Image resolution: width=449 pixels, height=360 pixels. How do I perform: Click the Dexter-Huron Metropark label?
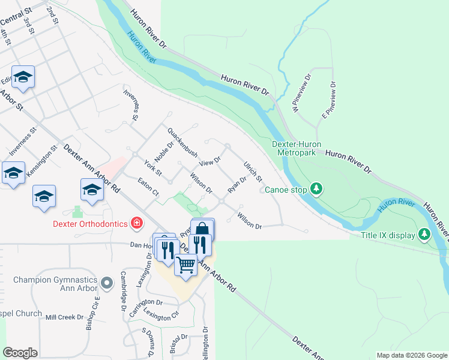(296, 148)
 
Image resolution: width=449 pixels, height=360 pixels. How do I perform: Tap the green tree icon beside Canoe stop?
(316, 190)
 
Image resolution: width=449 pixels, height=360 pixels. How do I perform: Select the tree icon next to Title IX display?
(424, 234)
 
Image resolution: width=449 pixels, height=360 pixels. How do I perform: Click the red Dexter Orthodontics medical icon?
(137, 224)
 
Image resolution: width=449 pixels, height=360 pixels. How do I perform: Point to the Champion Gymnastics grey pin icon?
(107, 281)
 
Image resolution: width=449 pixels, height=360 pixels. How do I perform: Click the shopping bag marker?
(202, 229)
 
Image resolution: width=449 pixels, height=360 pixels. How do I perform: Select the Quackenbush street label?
(182, 143)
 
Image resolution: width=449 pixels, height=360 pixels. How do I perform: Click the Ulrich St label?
(253, 172)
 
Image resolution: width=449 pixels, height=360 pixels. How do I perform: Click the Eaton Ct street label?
(147, 185)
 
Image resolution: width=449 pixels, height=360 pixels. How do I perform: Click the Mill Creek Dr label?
(65, 317)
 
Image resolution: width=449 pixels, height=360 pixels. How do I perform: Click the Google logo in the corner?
(20, 353)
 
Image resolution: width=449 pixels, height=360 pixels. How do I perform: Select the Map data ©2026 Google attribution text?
(411, 355)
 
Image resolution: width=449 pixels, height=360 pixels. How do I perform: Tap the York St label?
(154, 167)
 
